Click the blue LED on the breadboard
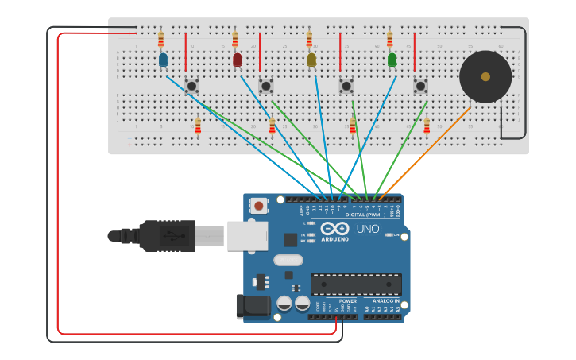[x=163, y=60]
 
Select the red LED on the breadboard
[x=237, y=60]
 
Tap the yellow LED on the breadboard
[x=311, y=60]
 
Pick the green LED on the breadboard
[x=392, y=60]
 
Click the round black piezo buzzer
[x=485, y=77]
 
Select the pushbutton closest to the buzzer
[x=420, y=85]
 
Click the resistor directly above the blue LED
[x=160, y=38]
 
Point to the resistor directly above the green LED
[x=389, y=39]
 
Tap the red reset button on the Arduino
[x=259, y=206]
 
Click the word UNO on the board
[x=367, y=229]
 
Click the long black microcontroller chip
[x=355, y=285]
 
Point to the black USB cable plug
[x=159, y=236]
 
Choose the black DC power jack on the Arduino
[x=253, y=306]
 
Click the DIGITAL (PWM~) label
[x=365, y=215]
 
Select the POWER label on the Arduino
[x=347, y=301]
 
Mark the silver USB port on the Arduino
[x=247, y=236]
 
